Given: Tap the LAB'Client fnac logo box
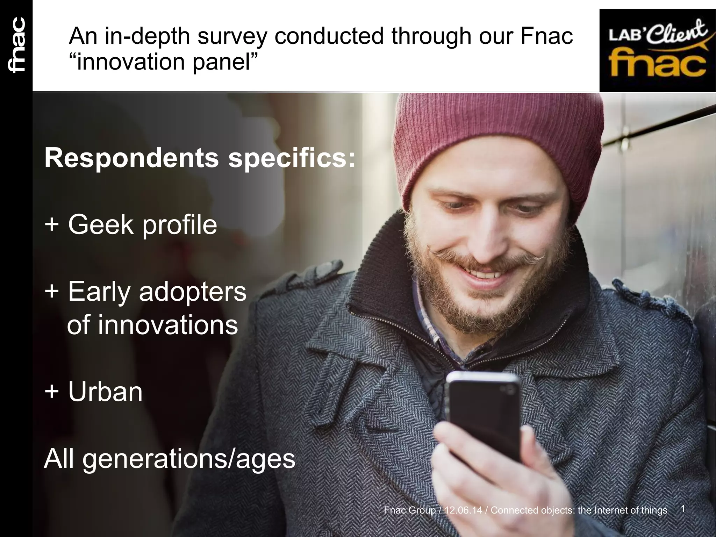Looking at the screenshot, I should point(657,50).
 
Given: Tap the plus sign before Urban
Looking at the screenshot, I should point(52,392).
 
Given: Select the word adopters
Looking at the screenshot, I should point(193,292).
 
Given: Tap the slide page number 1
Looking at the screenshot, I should point(683,509).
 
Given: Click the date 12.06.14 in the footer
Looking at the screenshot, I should point(464,510).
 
